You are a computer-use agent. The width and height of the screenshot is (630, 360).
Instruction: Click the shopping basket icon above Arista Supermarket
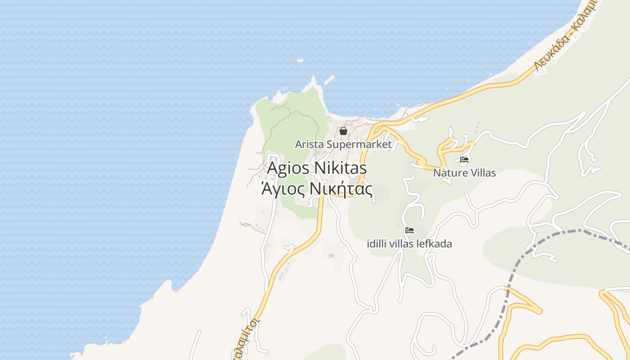343,131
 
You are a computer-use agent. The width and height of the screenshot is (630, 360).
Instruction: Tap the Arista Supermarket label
343,144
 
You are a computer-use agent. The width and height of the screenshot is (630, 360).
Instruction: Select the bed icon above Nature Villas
464,159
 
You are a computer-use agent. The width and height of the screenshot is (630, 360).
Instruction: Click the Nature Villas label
464,173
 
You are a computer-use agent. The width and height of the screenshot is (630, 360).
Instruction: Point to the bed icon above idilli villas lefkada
409,230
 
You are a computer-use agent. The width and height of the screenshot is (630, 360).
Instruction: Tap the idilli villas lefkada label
409,244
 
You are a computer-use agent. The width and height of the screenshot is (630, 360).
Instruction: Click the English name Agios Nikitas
317,168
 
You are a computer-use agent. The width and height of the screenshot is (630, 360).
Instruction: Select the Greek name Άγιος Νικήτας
317,189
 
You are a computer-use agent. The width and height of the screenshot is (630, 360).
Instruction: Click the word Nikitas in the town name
341,168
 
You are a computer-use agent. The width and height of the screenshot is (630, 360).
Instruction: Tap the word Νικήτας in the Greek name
343,189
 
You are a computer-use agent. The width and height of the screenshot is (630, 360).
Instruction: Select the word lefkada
435,244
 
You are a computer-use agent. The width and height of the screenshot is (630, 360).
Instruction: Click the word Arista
310,144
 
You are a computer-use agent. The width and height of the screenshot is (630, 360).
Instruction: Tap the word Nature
448,173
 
